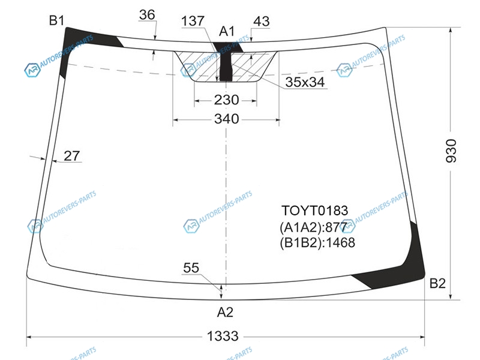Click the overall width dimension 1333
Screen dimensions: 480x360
[223, 336]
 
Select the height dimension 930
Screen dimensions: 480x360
[451, 151]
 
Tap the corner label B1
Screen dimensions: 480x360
[56, 20]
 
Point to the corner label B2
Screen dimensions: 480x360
[437, 283]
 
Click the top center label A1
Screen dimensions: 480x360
[227, 31]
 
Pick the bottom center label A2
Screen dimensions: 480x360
[225, 312]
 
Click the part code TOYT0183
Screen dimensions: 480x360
[314, 211]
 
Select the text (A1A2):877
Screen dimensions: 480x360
[313, 227]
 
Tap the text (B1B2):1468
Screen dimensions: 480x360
[317, 243]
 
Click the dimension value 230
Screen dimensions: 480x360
[227, 100]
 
